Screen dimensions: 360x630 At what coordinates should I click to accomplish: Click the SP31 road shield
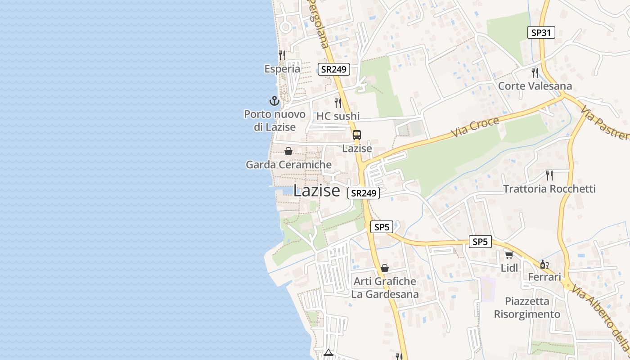click(x=541, y=32)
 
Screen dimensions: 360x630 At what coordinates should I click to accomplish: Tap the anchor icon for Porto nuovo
click(x=274, y=100)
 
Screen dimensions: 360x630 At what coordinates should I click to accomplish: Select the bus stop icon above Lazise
click(x=357, y=135)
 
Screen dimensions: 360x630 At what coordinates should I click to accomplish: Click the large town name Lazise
click(x=316, y=190)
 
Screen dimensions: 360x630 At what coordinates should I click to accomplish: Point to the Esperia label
click(x=282, y=69)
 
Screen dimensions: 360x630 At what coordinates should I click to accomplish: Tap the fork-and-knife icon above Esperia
click(x=282, y=55)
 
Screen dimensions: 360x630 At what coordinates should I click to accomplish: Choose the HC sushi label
click(x=338, y=116)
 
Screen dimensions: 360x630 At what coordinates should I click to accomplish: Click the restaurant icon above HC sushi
click(x=338, y=103)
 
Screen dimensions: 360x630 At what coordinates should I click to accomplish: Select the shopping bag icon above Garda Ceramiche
click(x=288, y=151)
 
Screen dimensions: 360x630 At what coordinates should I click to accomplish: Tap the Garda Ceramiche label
click(x=288, y=165)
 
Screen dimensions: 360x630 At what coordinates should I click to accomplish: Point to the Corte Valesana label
click(x=535, y=86)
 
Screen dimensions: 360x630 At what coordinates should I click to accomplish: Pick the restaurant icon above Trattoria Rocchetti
click(x=549, y=175)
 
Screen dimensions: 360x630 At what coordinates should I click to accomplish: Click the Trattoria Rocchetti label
click(x=549, y=189)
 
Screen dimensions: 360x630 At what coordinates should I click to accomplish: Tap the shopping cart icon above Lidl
click(x=509, y=255)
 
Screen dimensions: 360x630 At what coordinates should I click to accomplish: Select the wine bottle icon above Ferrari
click(x=544, y=264)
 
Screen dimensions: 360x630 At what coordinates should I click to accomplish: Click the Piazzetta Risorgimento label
click(x=527, y=308)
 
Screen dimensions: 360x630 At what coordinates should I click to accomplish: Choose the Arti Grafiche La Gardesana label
click(x=385, y=288)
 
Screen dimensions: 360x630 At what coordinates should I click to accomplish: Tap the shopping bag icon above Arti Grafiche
click(x=385, y=268)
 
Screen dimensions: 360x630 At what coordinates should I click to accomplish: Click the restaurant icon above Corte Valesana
click(x=535, y=72)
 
